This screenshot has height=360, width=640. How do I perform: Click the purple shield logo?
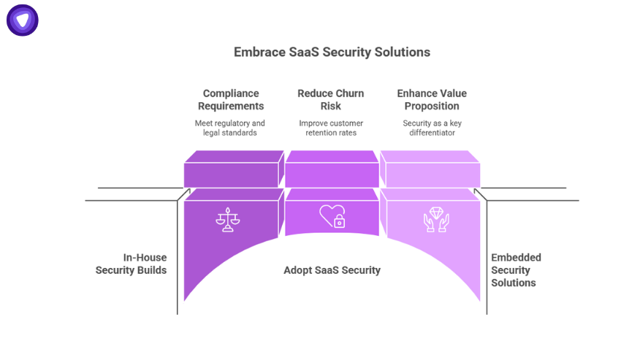click(x=23, y=20)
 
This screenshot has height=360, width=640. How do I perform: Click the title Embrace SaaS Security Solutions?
click(x=332, y=52)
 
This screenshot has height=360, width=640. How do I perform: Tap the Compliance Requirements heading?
click(x=231, y=99)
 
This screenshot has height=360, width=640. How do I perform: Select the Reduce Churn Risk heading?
click(x=330, y=99)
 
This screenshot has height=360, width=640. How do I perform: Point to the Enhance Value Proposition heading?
click(x=432, y=99)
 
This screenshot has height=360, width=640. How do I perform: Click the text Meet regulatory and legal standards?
click(x=230, y=128)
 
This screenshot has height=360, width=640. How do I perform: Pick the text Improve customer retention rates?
click(x=331, y=128)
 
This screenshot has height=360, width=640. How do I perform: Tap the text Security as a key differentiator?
click(x=432, y=128)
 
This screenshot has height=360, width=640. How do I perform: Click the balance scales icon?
click(x=228, y=220)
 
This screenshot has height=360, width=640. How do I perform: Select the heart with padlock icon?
click(x=332, y=216)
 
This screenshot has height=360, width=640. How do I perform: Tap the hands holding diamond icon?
click(x=436, y=220)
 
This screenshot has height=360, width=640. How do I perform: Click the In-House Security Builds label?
click(x=132, y=264)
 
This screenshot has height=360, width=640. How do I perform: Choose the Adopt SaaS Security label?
click(x=332, y=270)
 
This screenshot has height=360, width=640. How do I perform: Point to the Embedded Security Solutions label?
click(x=516, y=270)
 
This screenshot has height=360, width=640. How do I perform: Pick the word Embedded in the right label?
click(x=516, y=258)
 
